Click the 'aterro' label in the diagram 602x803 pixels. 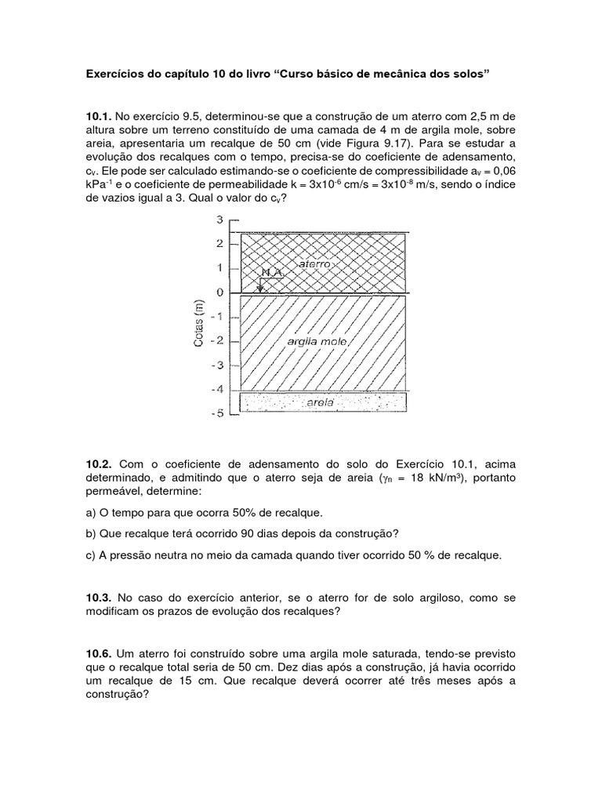tap(315, 265)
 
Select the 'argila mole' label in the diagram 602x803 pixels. tap(319, 342)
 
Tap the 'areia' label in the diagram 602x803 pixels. tap(321, 401)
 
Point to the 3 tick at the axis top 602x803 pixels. tap(219, 219)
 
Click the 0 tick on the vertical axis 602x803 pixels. tap(219, 292)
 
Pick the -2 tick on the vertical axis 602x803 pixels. tap(217, 341)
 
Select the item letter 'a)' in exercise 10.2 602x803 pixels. tap(92, 512)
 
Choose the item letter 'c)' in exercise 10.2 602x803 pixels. tap(92, 556)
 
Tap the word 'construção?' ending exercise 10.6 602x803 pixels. tap(120, 696)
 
